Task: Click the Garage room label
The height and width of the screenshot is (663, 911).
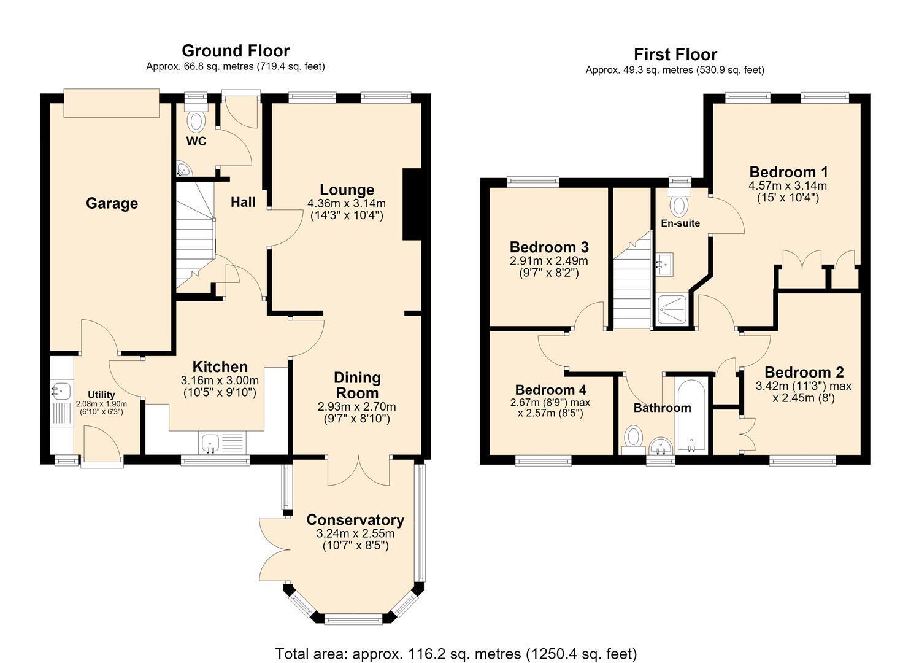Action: click(112, 203)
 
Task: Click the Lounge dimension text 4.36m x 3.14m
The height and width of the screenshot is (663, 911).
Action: click(347, 203)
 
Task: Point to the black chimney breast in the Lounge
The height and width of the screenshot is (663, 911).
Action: click(412, 204)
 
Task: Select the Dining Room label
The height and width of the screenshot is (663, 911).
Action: click(357, 386)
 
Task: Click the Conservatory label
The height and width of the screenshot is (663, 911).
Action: click(355, 520)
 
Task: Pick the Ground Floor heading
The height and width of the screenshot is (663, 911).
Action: click(236, 51)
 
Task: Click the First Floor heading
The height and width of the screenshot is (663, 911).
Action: click(675, 54)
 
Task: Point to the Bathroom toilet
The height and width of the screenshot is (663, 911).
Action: click(633, 440)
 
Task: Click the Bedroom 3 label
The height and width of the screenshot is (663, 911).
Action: click(549, 247)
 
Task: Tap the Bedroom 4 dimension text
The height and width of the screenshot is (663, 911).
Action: click(550, 408)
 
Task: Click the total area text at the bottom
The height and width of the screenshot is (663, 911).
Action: click(456, 642)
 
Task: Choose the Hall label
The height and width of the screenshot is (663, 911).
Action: click(243, 202)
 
